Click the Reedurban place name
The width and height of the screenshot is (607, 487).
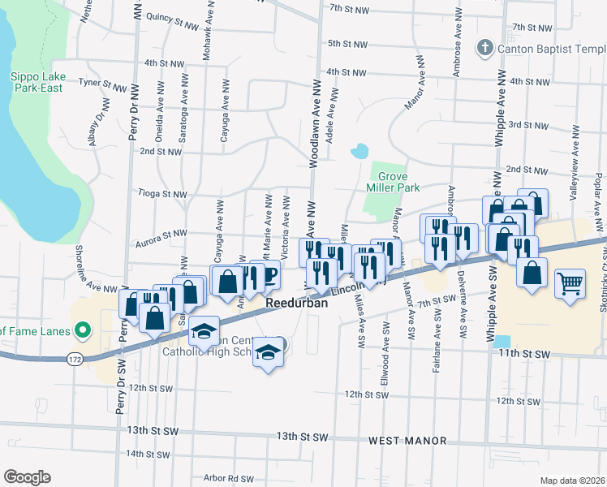pyautogui.click(x=298, y=302)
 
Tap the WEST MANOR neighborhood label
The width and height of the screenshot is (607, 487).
pyautogui.click(x=407, y=441)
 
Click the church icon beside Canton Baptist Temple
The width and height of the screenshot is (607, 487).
pyautogui.click(x=485, y=48)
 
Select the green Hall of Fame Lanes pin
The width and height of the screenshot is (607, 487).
pyautogui.click(x=80, y=330)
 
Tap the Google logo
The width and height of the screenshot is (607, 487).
pyautogui.click(x=27, y=476)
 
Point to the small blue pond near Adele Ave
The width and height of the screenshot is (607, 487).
pyautogui.click(x=358, y=152)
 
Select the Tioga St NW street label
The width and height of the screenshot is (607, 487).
pyautogui.click(x=163, y=194)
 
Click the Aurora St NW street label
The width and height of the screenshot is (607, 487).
pyautogui.click(x=163, y=234)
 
